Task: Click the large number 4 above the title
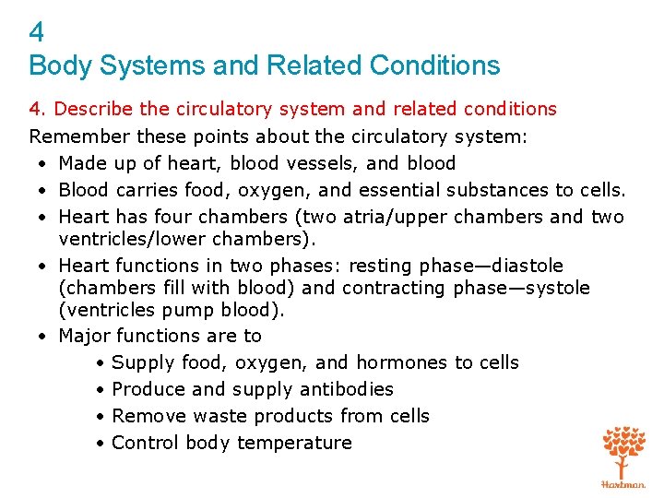tap(37, 33)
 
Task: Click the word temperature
tap(294, 443)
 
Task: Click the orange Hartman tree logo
tap(622, 456)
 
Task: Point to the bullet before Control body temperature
tap(99, 443)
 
